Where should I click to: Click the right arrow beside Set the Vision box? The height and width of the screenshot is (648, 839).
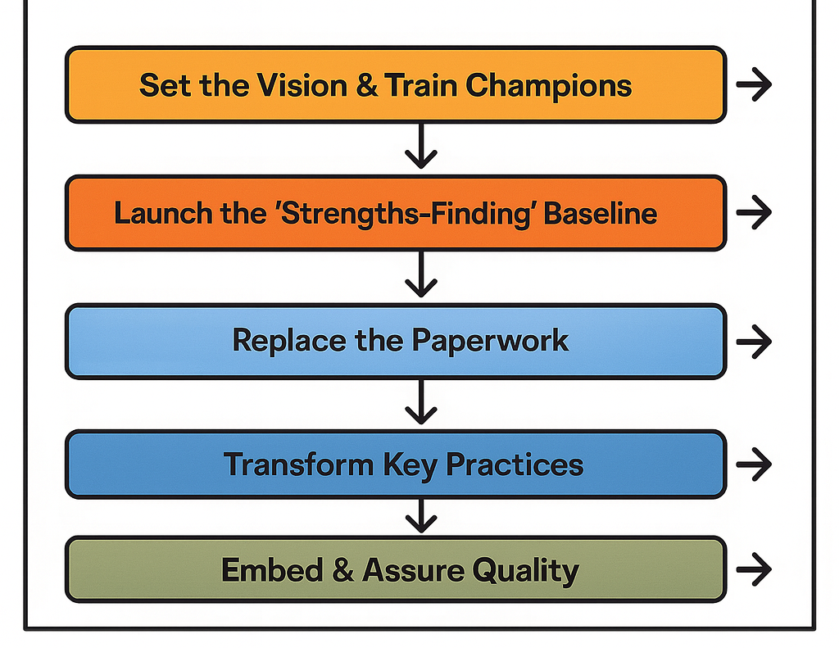pyautogui.click(x=754, y=85)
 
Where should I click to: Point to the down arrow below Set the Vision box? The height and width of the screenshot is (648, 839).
pyautogui.click(x=420, y=147)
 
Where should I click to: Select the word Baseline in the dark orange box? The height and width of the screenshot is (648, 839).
pyautogui.click(x=601, y=213)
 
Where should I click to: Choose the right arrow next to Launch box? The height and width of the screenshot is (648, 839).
pyautogui.click(x=754, y=213)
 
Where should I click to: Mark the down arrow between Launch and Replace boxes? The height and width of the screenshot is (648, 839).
pyautogui.click(x=420, y=275)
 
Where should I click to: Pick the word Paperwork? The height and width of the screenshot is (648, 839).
pyautogui.click(x=490, y=340)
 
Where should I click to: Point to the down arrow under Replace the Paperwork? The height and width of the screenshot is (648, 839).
pyautogui.click(x=420, y=401)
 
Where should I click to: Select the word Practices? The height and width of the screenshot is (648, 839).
pyautogui.click(x=515, y=464)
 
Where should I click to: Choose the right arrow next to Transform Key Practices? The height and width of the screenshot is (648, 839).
pyautogui.click(x=754, y=464)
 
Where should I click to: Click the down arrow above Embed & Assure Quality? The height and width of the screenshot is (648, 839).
pyautogui.click(x=420, y=516)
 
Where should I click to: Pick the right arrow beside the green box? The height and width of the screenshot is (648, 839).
pyautogui.click(x=754, y=568)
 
